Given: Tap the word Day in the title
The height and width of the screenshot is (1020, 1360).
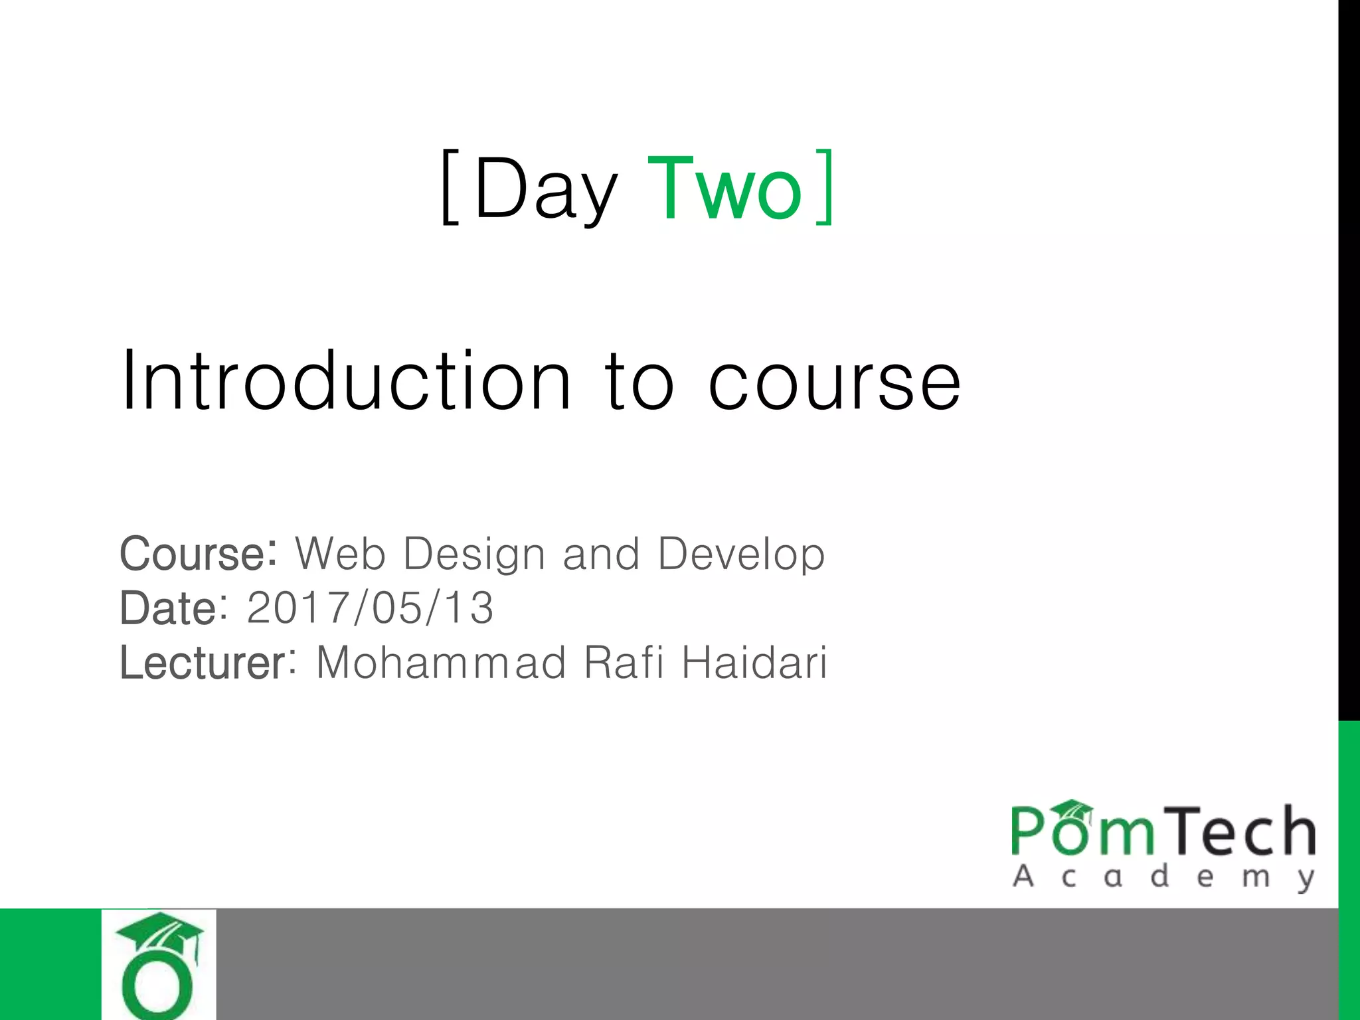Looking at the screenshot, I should tap(546, 190).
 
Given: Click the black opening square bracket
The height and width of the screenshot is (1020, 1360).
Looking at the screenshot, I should tap(450, 187).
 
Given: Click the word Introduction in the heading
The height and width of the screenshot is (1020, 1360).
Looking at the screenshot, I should tap(345, 381).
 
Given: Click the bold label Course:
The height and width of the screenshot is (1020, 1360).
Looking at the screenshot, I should tap(198, 554).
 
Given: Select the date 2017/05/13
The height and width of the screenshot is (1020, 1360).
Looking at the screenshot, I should tap(371, 608).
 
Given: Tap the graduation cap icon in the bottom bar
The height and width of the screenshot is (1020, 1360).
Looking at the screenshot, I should tap(159, 936).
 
